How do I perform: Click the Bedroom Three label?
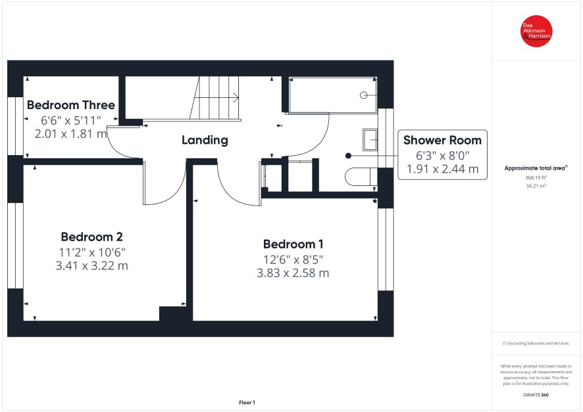[x=71, y=105]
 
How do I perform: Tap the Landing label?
[x=205, y=140]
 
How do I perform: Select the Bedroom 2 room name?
[x=92, y=237]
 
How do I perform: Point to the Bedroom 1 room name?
[x=293, y=244]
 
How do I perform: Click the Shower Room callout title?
[x=442, y=141]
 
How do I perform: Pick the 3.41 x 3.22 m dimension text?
[x=92, y=265]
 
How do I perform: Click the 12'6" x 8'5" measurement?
[x=293, y=260]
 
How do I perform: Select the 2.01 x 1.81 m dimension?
[x=71, y=133]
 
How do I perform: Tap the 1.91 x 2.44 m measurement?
[x=442, y=170]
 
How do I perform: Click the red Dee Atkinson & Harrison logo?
[x=536, y=31]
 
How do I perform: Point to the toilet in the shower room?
[x=361, y=177]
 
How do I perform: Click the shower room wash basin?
[x=370, y=139]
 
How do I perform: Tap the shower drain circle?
[x=364, y=95]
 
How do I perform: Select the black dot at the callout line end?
[x=348, y=156]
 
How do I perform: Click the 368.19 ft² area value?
[x=536, y=178]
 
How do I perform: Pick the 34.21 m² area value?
[x=536, y=186]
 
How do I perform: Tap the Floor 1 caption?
[x=247, y=402]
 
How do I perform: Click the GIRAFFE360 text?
[x=536, y=395]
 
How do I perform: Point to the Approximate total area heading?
[x=536, y=168]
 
